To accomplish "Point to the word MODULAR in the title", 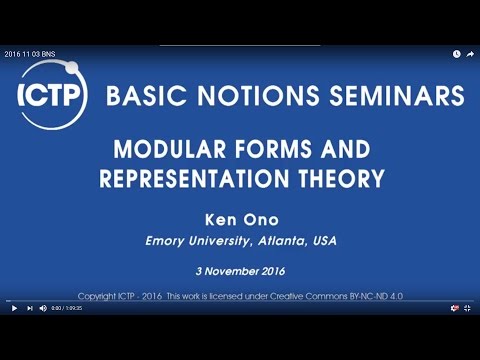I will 165,151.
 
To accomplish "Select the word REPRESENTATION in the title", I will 204,179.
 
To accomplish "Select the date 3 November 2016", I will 239,271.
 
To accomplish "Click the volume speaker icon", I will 44,308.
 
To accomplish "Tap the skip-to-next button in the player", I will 29,308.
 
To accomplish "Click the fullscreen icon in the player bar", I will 467,308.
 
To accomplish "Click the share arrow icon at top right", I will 470,54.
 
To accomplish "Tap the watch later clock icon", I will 456,54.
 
